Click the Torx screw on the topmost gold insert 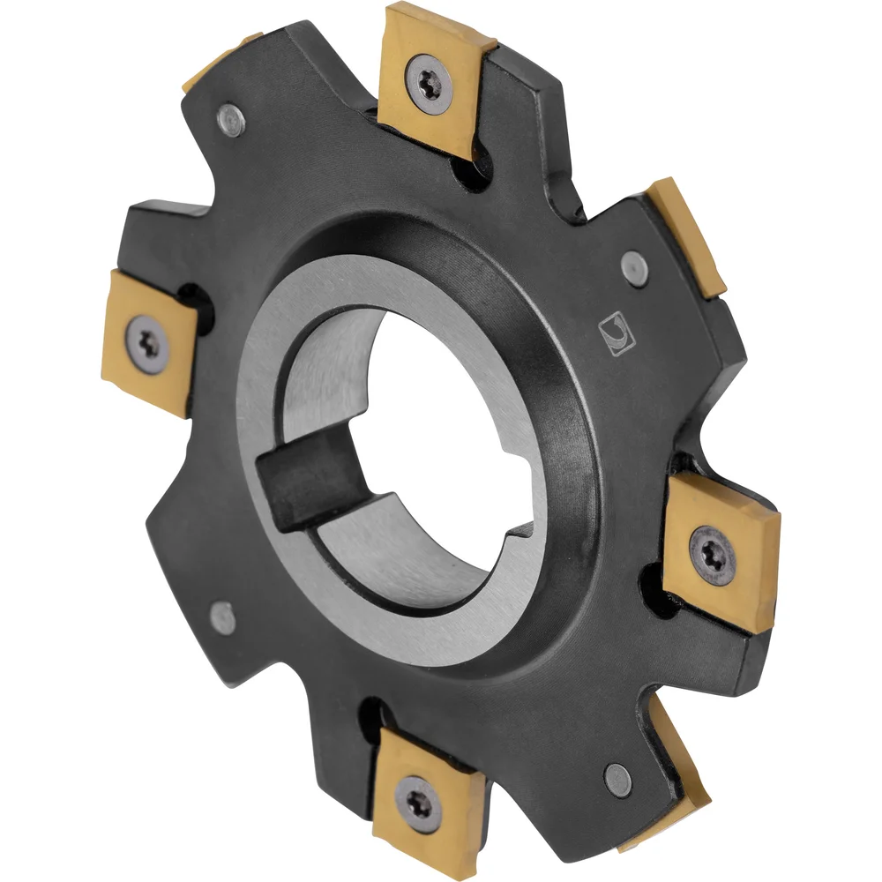click(x=433, y=81)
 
